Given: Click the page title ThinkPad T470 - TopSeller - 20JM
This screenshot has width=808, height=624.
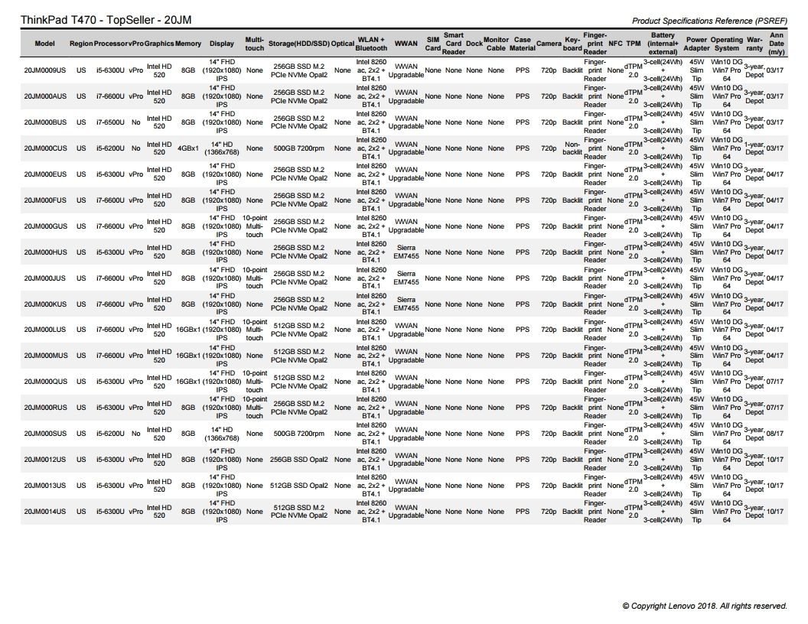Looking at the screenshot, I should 99,19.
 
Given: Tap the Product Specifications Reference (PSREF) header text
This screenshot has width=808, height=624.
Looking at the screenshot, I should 709,21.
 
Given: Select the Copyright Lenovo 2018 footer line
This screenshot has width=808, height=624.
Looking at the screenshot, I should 704,606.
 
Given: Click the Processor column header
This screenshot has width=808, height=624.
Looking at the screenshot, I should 110,44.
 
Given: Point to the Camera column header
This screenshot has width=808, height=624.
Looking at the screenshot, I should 549,44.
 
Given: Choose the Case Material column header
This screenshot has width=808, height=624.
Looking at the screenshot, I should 523,44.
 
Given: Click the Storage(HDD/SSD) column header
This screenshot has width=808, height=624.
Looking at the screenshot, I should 298,44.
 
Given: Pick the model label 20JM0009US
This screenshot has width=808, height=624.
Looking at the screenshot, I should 44,70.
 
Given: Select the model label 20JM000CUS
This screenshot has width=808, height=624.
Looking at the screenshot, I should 44,148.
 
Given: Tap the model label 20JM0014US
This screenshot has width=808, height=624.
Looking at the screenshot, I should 44,512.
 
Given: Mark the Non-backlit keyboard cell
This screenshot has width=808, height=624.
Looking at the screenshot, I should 572,148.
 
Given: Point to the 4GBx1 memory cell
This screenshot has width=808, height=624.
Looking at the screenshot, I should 188,148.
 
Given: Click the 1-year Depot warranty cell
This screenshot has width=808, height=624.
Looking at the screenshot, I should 754,148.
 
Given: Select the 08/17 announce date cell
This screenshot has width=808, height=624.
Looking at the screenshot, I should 775,434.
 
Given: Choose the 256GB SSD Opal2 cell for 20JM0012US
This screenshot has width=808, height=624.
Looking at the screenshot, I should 299,460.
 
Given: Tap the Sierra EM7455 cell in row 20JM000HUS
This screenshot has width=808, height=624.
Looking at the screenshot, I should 406,252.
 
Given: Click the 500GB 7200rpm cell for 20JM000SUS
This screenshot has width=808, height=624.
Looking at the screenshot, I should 299,434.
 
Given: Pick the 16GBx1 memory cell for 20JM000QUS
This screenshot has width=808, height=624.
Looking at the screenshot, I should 188,382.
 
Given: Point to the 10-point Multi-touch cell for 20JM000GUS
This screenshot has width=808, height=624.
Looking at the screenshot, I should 255,226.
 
